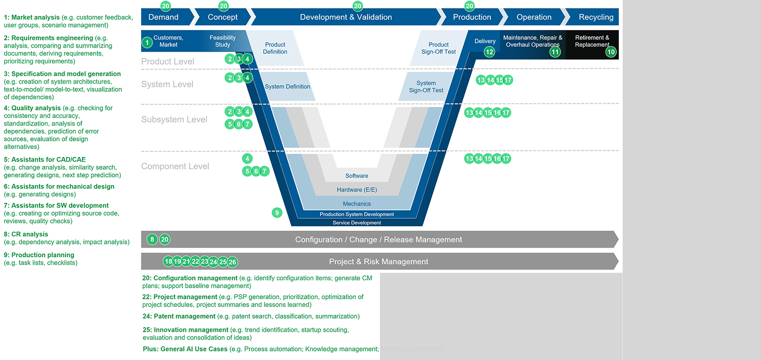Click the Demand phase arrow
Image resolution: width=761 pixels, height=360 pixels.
tap(164, 17)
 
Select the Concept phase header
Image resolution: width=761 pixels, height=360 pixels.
tap(223, 17)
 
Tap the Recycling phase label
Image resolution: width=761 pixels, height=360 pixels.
tap(595, 17)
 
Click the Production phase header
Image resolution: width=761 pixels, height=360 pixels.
tap(472, 17)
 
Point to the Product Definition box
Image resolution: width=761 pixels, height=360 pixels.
tap(275, 48)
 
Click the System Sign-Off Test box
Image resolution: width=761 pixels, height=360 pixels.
tap(426, 87)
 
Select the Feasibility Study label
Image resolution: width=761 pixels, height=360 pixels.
tap(223, 41)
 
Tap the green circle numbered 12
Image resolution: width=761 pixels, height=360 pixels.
tap(489, 52)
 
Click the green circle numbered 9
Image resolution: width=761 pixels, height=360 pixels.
tap(277, 213)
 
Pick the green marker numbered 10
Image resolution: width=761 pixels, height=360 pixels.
tap(611, 52)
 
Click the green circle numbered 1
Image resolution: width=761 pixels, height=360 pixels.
tap(147, 43)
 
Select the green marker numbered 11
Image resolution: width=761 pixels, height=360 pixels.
tap(555, 52)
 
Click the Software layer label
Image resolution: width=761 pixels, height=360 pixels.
tap(357, 175)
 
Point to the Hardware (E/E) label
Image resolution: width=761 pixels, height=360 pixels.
tap(357, 190)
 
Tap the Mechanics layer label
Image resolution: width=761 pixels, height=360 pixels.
tap(357, 204)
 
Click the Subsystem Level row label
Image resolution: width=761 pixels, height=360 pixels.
tap(174, 119)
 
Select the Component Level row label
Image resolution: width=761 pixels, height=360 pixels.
tap(175, 166)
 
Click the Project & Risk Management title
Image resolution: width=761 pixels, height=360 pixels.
tap(379, 262)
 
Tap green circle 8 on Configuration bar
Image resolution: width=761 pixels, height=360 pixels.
tap(152, 239)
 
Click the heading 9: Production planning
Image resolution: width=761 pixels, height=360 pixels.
tap(39, 255)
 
